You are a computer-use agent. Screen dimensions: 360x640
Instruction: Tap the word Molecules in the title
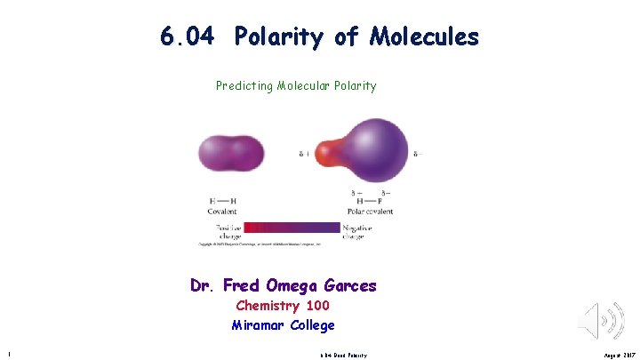(425, 37)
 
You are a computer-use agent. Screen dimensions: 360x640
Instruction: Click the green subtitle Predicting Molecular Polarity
(296, 86)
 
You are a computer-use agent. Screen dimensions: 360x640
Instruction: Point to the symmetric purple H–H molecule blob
(232, 153)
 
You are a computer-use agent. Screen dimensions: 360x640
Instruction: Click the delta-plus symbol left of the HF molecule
(303, 154)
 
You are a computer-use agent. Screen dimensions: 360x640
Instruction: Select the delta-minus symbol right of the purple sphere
(419, 154)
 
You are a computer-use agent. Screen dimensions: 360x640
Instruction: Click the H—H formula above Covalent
(222, 201)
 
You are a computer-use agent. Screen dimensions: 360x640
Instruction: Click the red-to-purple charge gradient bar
(292, 228)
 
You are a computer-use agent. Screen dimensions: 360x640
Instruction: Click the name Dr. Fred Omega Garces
(283, 286)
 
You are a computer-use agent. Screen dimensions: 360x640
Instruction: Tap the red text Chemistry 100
(283, 306)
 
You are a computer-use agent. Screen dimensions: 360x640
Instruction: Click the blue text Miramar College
(283, 325)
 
